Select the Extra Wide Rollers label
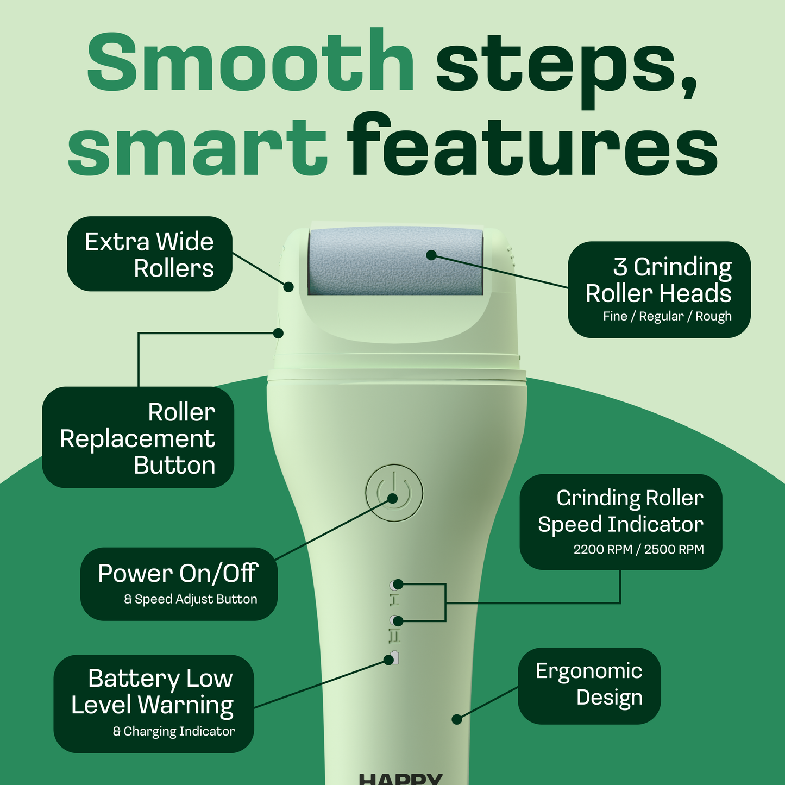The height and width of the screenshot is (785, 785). [x=149, y=254]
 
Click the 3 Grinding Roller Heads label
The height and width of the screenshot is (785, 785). [x=658, y=280]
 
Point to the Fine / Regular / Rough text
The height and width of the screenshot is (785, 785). [x=667, y=316]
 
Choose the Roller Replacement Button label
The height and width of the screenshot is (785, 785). [x=138, y=438]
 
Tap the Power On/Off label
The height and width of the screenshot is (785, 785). [x=178, y=574]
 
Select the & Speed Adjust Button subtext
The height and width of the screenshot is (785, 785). [x=191, y=599]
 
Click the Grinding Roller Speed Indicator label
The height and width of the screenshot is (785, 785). [x=621, y=511]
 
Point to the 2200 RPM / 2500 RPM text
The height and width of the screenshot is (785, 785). [x=638, y=549]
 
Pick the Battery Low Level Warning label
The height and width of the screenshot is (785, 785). [x=153, y=692]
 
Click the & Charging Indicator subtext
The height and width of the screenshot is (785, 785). [x=174, y=731]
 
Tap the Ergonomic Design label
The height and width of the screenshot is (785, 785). [x=589, y=684]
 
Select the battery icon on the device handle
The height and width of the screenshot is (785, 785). [x=395, y=657]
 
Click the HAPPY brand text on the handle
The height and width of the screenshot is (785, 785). [x=401, y=779]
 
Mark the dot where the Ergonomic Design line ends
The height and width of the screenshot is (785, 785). [x=457, y=719]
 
